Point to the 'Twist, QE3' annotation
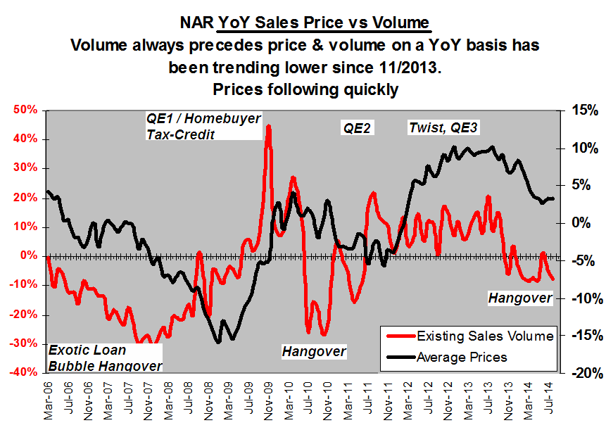click(x=443, y=127)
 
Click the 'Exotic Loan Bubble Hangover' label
click(x=104, y=358)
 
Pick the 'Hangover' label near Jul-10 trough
click(x=314, y=350)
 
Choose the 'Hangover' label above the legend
click(x=520, y=298)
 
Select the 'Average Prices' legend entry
click(x=462, y=357)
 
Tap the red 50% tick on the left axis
click(x=23, y=110)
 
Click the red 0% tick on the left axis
click(x=27, y=255)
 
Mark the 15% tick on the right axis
click(x=584, y=110)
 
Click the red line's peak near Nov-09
click(x=268, y=127)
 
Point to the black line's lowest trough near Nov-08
click(x=218, y=342)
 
